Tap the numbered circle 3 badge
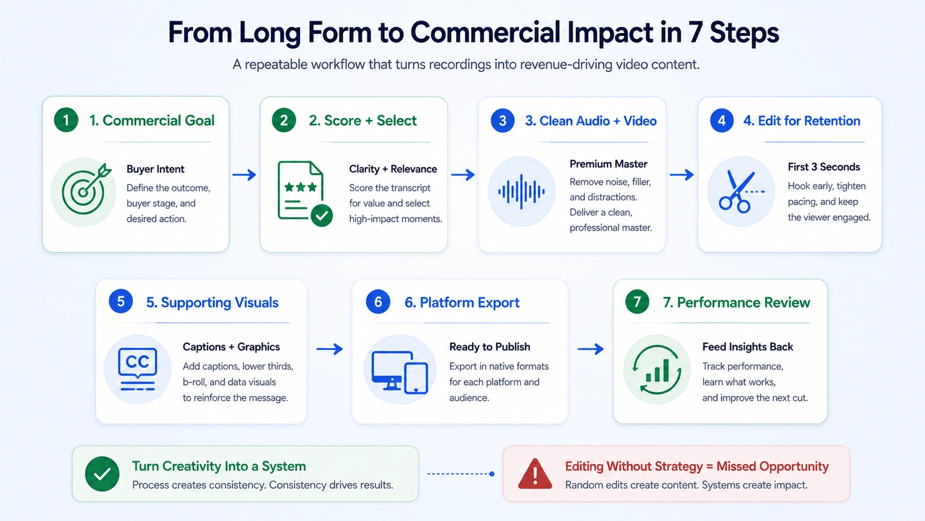pyautogui.click(x=502, y=121)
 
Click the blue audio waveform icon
pyautogui.click(x=521, y=192)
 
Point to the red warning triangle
pyautogui.click(x=535, y=473)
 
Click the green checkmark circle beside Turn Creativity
pyautogui.click(x=102, y=474)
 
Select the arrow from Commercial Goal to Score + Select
pyautogui.click(x=244, y=175)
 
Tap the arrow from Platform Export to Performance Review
pyautogui.click(x=590, y=349)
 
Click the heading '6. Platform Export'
pyautogui.click(x=462, y=302)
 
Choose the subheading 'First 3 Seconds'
pyautogui.click(x=824, y=167)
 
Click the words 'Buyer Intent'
pyautogui.click(x=155, y=169)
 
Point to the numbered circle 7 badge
pyautogui.click(x=637, y=302)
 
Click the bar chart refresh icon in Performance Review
pyautogui.click(x=657, y=369)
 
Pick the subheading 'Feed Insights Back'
pyautogui.click(x=747, y=347)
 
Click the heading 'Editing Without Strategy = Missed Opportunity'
pyautogui.click(x=697, y=466)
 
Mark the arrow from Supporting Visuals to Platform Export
pyautogui.click(x=330, y=349)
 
